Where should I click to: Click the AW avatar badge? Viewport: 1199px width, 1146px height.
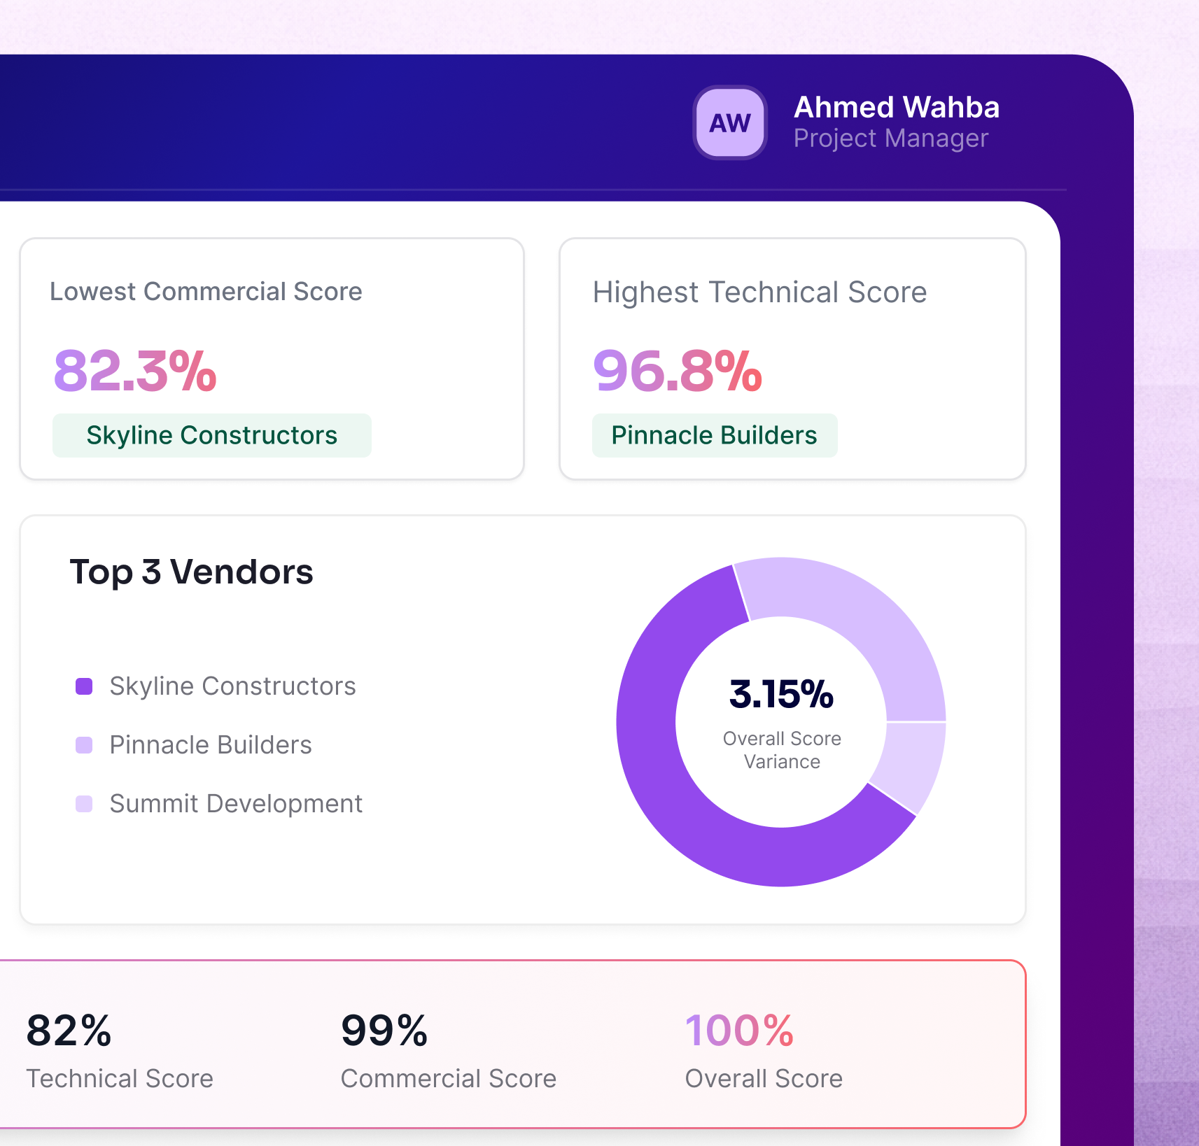click(x=730, y=122)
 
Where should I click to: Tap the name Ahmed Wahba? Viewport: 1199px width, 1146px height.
click(x=896, y=107)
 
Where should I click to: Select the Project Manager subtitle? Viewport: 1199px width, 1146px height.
click(x=890, y=139)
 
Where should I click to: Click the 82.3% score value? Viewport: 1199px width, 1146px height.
click(x=135, y=371)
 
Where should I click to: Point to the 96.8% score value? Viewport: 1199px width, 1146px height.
click(x=677, y=371)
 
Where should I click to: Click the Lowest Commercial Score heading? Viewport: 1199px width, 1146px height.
click(x=206, y=292)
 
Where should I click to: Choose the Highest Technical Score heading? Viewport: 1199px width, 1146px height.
click(x=759, y=292)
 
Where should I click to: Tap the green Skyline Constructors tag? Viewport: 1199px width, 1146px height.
click(x=211, y=435)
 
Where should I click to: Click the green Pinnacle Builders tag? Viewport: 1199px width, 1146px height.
click(x=714, y=435)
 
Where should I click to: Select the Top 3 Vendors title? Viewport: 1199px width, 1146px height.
click(x=191, y=572)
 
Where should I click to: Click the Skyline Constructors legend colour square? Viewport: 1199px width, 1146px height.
click(x=84, y=686)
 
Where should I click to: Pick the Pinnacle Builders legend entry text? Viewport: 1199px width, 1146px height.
click(x=211, y=745)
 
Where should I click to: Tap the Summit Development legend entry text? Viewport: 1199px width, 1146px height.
click(x=236, y=804)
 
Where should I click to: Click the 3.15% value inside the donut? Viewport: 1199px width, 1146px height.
click(x=781, y=694)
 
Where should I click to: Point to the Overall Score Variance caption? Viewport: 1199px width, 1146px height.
click(x=782, y=750)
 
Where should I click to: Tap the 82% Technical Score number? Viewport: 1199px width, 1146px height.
click(x=69, y=1031)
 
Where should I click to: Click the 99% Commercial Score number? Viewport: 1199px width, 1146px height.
click(x=384, y=1031)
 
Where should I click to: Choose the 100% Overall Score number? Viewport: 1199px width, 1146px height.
click(x=739, y=1031)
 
